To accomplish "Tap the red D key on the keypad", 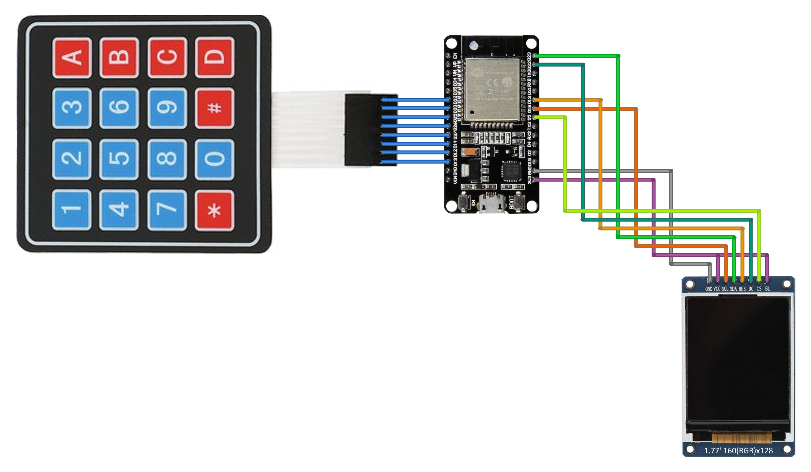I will pos(214,57).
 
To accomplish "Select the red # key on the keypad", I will pos(214,108).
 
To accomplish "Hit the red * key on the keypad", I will pos(214,210).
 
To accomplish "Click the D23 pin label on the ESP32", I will pos(529,56).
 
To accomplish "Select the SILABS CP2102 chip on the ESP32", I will pos(511,171).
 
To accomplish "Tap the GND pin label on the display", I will pos(709,289).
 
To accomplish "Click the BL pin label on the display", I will pos(767,289).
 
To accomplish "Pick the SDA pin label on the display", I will pos(733,289).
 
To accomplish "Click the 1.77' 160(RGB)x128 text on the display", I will pos(738,451).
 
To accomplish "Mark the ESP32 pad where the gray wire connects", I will pos(535,171).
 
